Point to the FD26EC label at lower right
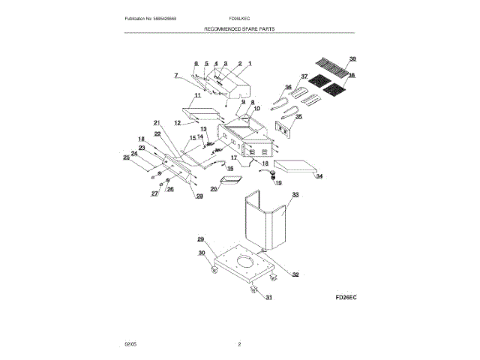point(346,297)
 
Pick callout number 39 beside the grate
point(353,58)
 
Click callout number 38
point(352,76)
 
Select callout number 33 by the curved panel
point(295,194)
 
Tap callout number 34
point(319,177)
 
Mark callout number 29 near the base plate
point(201,239)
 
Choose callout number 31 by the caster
point(268,297)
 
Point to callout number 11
point(198,96)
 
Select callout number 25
point(126,157)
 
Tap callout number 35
point(298,116)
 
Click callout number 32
point(295,274)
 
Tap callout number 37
point(304,76)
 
